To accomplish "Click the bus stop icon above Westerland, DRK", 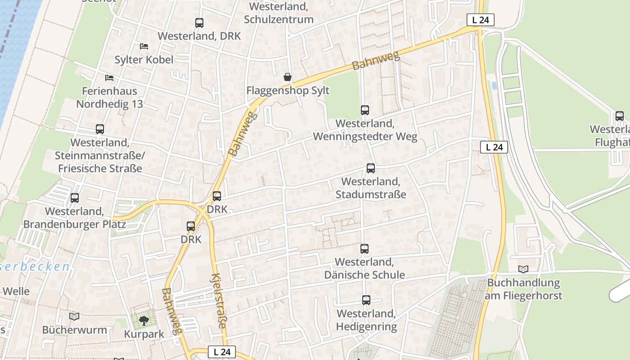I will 199,23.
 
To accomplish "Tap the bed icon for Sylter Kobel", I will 144,46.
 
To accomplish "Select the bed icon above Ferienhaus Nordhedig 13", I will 109,78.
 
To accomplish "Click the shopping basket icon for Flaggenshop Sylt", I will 288,77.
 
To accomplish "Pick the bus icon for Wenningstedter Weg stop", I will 365,110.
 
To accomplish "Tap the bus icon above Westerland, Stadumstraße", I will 371,168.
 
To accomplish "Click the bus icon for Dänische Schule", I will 364,248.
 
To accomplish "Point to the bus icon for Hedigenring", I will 366,300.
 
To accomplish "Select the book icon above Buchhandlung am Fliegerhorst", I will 523,270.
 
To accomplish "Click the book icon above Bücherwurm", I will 74,317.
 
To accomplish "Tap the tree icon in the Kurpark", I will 144,321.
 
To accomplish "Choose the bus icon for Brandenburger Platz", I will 75,198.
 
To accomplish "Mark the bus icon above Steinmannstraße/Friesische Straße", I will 100,129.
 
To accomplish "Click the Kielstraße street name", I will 218,300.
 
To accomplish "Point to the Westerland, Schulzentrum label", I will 279,13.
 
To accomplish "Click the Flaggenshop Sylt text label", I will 288,90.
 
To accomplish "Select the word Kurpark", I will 144,334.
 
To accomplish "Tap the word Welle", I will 16,291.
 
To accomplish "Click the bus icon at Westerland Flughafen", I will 620,116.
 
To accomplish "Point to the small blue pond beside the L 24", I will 495,85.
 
